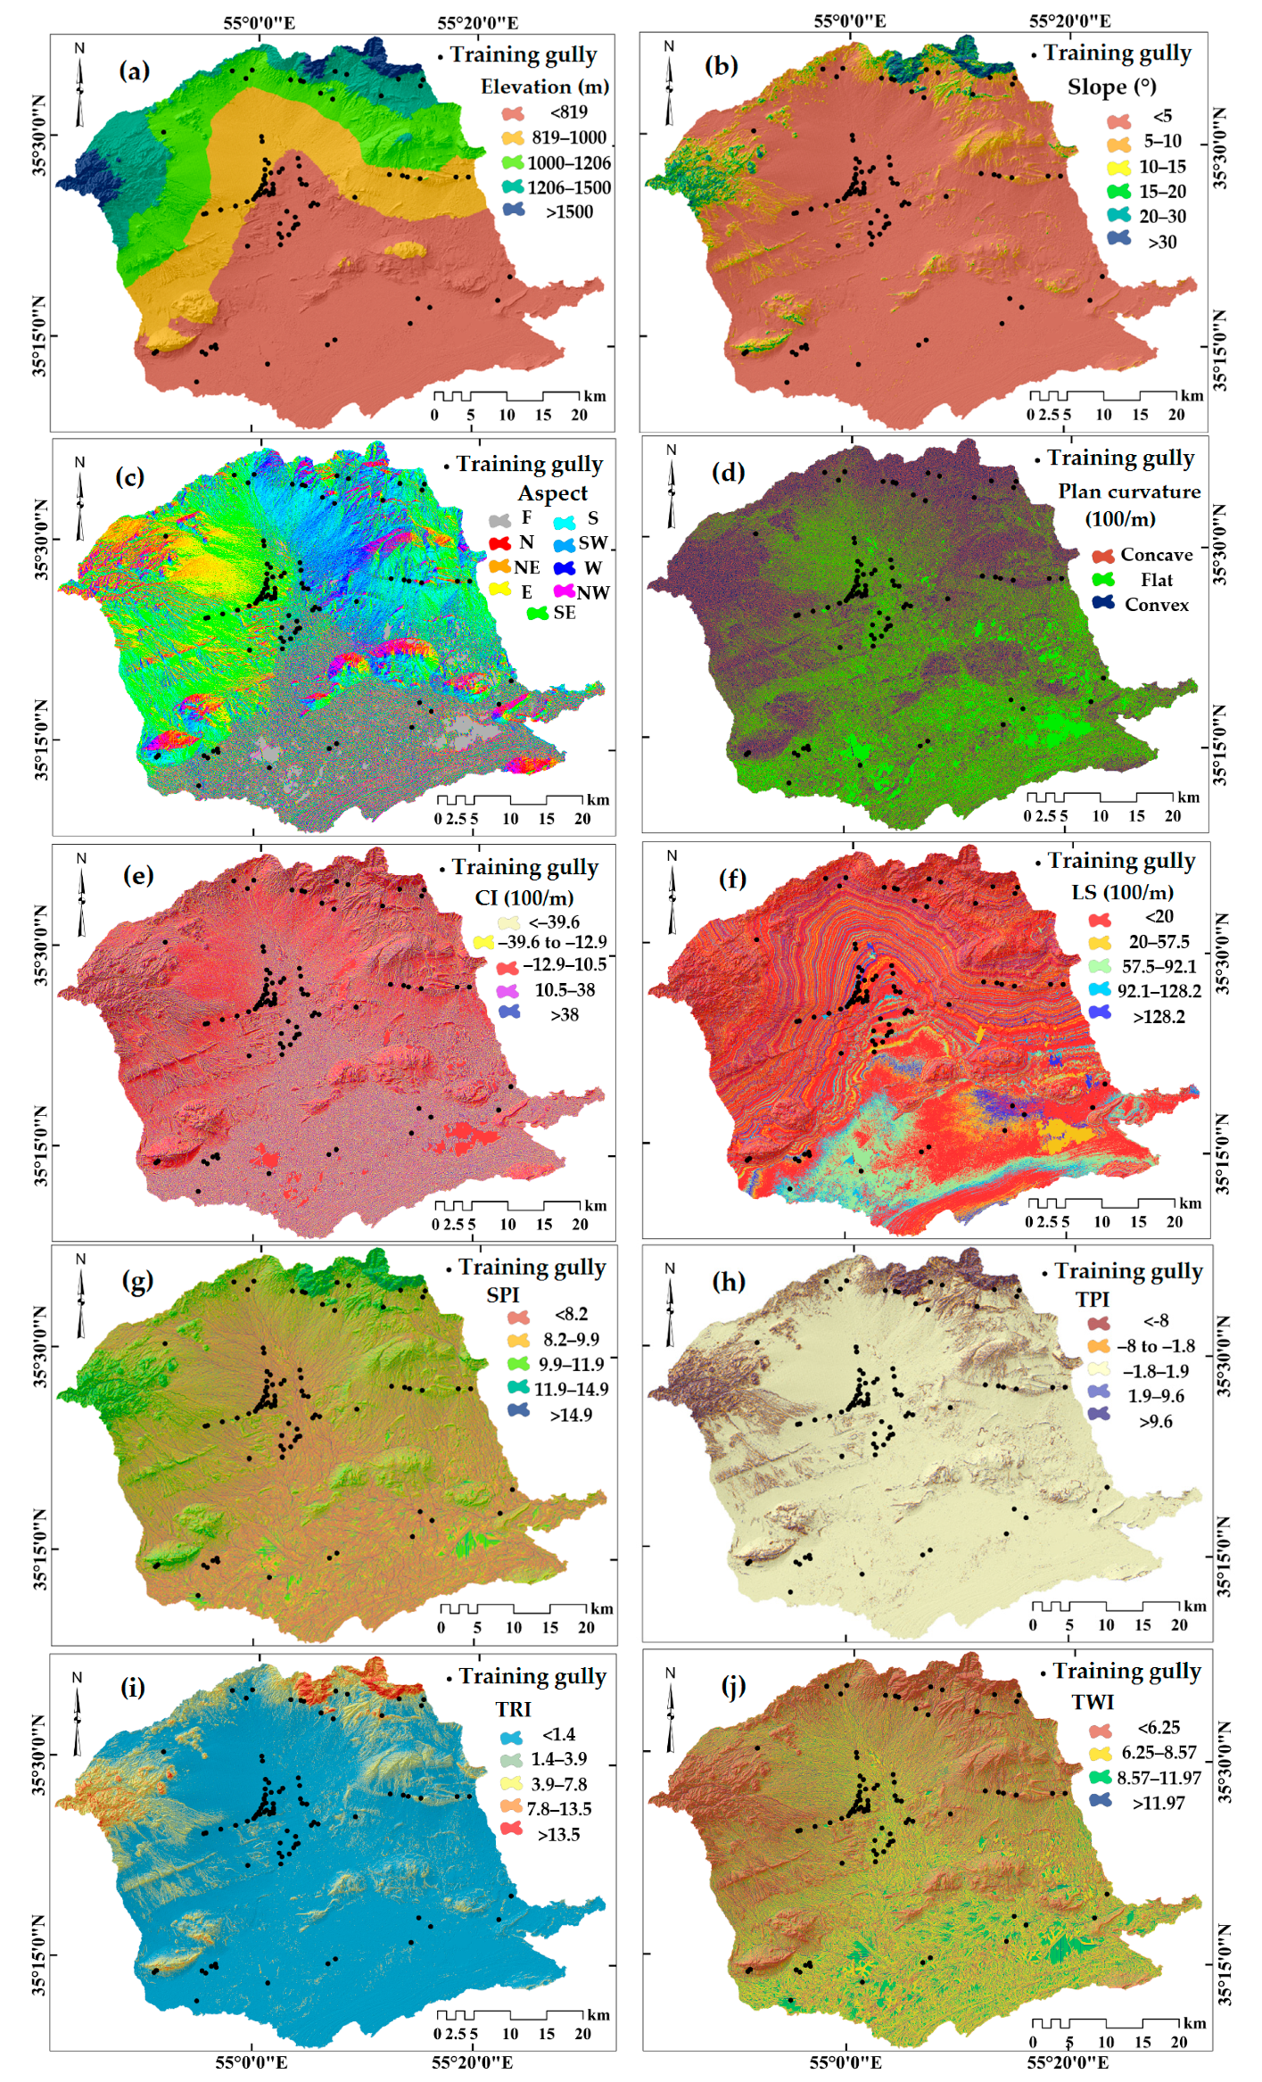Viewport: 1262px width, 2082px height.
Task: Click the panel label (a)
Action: click(135, 71)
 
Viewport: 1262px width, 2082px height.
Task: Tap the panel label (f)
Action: click(732, 879)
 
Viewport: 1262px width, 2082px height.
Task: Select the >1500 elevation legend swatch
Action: click(515, 211)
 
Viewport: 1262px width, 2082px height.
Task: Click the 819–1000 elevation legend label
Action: click(569, 137)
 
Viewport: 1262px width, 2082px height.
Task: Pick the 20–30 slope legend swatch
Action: click(1118, 216)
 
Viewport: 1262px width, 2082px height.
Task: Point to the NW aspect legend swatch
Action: click(563, 591)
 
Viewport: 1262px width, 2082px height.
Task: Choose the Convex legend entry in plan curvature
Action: click(1156, 605)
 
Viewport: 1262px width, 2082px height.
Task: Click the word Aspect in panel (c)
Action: click(553, 493)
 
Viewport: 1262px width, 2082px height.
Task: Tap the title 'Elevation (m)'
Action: click(545, 87)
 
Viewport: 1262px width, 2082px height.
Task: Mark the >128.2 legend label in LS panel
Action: click(1159, 1017)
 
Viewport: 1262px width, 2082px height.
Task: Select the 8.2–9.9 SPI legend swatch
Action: click(518, 1339)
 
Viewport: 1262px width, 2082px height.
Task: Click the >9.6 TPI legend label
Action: click(1156, 1421)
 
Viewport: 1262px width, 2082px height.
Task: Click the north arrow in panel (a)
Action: click(79, 85)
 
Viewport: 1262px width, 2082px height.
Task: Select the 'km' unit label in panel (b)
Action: click(1192, 396)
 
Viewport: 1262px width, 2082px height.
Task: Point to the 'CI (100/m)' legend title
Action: click(524, 898)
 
